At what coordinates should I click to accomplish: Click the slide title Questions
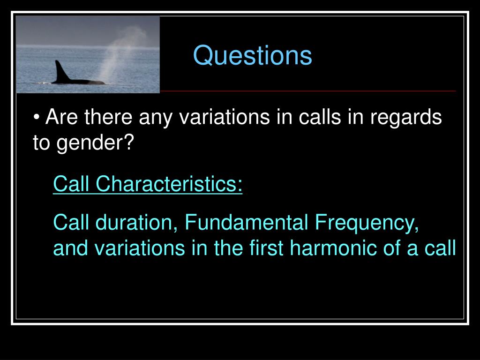click(252, 56)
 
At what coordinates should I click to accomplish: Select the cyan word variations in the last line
click(140, 248)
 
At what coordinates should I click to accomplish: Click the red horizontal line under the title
click(307, 90)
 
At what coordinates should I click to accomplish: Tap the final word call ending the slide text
click(440, 248)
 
